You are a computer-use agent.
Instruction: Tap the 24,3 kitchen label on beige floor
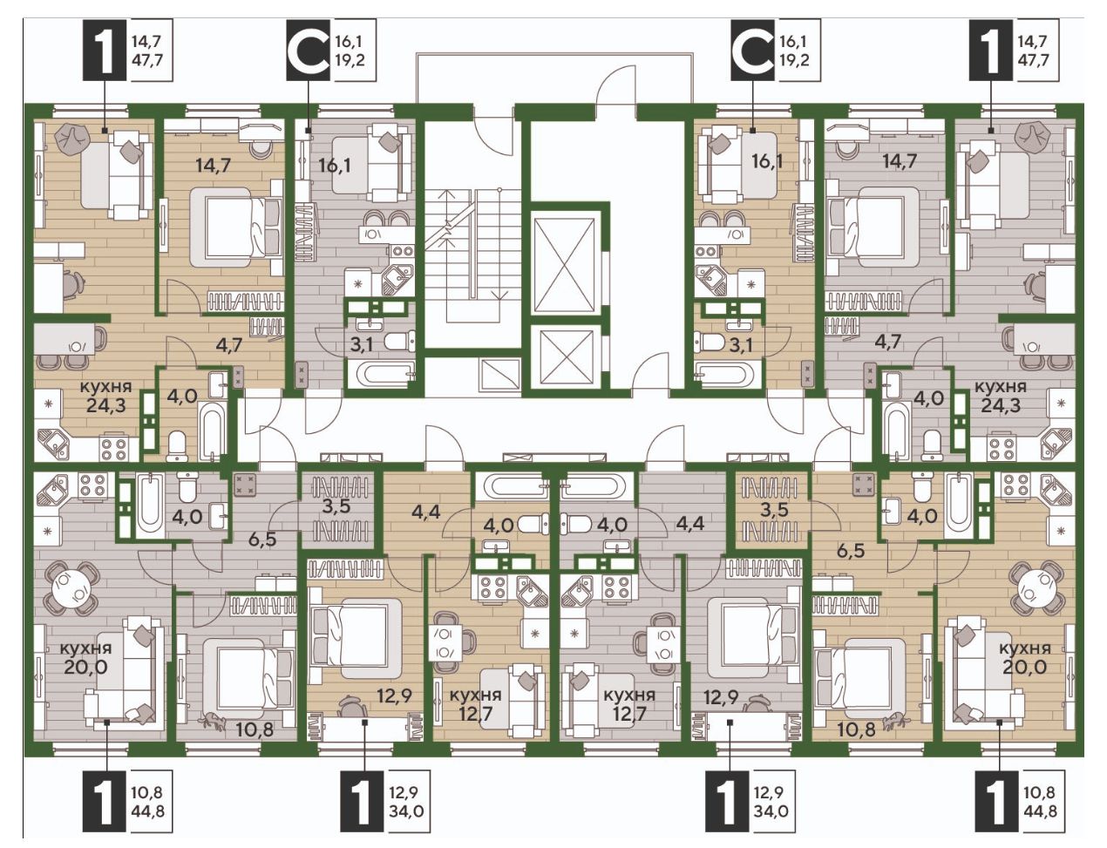tap(105, 397)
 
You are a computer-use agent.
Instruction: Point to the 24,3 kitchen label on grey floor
tap(1000, 397)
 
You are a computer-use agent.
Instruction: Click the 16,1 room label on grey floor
tap(334, 163)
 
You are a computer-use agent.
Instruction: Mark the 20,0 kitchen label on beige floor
tap(1024, 659)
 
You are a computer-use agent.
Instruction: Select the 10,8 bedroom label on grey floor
tap(255, 729)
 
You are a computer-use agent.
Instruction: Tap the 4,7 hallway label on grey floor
tap(888, 340)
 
